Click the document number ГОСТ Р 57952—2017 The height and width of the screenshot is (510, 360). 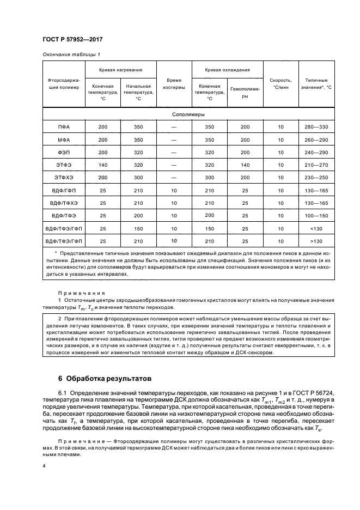tap(72, 39)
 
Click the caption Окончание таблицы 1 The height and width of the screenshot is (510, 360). tap(71, 54)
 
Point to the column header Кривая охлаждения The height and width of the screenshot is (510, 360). tap(227, 70)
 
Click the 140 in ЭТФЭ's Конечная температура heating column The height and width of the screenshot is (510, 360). tap(103, 165)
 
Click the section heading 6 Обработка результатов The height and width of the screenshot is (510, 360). tap(105, 378)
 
